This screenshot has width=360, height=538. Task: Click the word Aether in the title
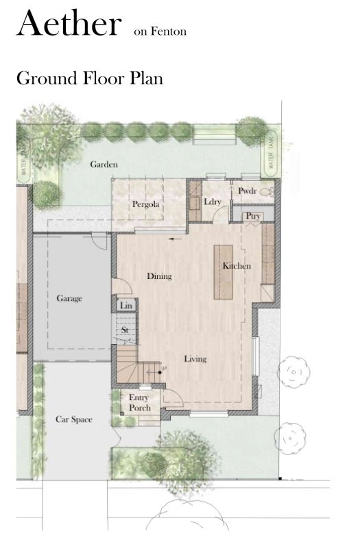click(69, 23)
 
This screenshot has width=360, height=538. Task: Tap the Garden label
click(104, 164)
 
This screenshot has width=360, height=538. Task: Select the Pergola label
click(146, 204)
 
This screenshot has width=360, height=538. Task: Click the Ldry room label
click(213, 201)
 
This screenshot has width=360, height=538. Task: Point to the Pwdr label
click(247, 191)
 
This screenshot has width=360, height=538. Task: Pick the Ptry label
click(253, 217)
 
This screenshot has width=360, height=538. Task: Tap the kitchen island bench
click(223, 272)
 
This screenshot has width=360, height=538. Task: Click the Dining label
click(159, 276)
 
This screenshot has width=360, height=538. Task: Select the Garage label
click(69, 298)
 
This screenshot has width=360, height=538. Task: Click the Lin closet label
click(126, 306)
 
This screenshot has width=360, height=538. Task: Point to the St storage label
click(125, 330)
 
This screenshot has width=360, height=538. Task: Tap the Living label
click(195, 359)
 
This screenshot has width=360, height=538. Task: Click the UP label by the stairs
click(164, 369)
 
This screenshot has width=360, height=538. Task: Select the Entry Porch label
click(140, 403)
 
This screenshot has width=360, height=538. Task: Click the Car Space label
click(74, 419)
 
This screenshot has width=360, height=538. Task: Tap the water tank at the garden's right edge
click(271, 154)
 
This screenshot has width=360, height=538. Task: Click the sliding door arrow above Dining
click(176, 239)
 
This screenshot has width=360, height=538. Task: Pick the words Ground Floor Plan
click(90, 78)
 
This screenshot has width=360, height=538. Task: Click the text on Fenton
click(160, 32)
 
